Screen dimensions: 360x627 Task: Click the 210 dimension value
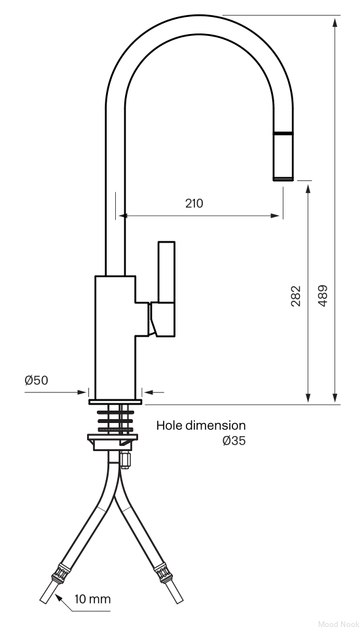[194, 203]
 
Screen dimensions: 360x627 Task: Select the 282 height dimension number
[296, 296]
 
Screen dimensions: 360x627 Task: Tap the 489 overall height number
[322, 296]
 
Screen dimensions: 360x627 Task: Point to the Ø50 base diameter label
[36, 380]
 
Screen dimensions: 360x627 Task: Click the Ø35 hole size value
[234, 441]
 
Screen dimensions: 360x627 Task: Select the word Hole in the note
[168, 425]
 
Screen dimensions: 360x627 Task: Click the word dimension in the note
[214, 425]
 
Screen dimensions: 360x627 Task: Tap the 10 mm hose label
[92, 599]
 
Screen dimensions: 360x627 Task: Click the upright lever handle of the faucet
[166, 272]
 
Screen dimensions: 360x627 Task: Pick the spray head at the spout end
[283, 156]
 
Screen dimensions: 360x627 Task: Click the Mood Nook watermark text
[339, 623]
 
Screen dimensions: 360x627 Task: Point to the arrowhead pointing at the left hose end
[58, 598]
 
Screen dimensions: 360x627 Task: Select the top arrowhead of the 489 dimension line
[334, 22]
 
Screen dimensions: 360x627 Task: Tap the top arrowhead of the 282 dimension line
[308, 189]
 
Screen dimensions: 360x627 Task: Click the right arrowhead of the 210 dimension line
[275, 216]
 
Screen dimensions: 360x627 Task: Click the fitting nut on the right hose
[164, 573]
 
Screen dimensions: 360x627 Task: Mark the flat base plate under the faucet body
[115, 401]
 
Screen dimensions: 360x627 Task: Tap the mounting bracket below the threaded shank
[113, 442]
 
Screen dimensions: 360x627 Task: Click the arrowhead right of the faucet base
[149, 393]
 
